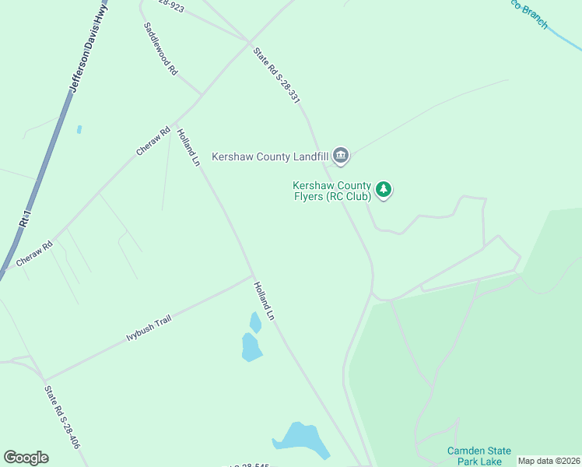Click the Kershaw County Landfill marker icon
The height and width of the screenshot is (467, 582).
[341, 156]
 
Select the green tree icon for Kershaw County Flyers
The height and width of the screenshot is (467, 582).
[383, 189]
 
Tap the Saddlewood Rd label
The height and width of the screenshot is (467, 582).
[161, 48]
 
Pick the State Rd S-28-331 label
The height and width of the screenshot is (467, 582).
[276, 75]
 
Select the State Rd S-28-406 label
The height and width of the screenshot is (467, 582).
[62, 418]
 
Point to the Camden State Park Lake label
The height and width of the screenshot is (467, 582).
[479, 456]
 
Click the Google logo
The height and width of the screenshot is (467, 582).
[26, 458]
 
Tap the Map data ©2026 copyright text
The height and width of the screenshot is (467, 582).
[549, 461]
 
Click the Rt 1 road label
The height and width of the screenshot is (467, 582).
[26, 218]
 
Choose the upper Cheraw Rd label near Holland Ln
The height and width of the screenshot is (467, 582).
[153, 142]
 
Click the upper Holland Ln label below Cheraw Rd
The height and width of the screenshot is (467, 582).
[188, 148]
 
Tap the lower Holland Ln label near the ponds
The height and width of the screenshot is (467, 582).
[265, 301]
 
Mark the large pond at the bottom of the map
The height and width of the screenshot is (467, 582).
[300, 441]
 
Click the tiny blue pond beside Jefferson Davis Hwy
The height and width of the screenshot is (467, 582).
[79, 129]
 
